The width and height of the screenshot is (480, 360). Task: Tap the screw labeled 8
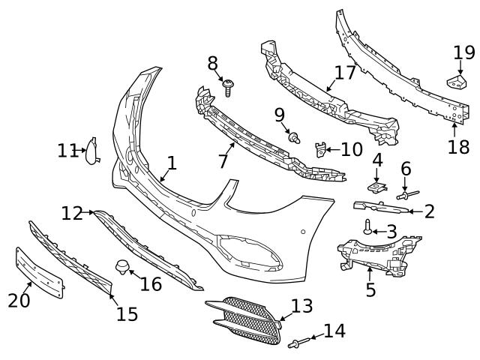tap(228, 88)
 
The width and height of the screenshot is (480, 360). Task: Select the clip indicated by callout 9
tap(294, 138)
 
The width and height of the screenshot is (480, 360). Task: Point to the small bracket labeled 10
tap(320, 150)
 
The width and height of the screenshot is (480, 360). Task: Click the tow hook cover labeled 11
tap(91, 151)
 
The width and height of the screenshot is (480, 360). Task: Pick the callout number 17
tap(345, 73)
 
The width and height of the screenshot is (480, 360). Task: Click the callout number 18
tap(458, 147)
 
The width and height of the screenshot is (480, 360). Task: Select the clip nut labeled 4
tap(377, 187)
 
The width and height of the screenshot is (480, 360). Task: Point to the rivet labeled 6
tap(407, 195)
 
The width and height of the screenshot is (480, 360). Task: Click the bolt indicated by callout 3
tap(367, 227)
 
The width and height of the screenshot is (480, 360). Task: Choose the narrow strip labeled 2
tap(381, 208)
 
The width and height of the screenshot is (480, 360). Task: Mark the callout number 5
tap(370, 289)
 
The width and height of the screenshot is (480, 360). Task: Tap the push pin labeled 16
tap(122, 267)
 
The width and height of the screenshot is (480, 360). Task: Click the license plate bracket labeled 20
tap(40, 273)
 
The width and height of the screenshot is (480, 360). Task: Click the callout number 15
tap(127, 313)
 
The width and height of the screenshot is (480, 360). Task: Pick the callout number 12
tap(72, 213)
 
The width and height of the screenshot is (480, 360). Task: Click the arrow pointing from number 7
tap(230, 149)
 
